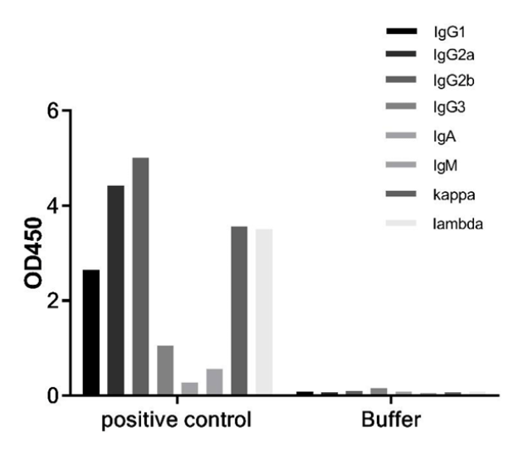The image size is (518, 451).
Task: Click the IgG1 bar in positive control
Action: (91, 332)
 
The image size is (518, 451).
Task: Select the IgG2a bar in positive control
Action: (115, 290)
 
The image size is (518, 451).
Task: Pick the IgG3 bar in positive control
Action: (165, 370)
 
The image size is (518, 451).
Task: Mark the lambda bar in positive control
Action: (264, 312)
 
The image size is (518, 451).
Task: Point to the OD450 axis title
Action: (33, 252)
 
